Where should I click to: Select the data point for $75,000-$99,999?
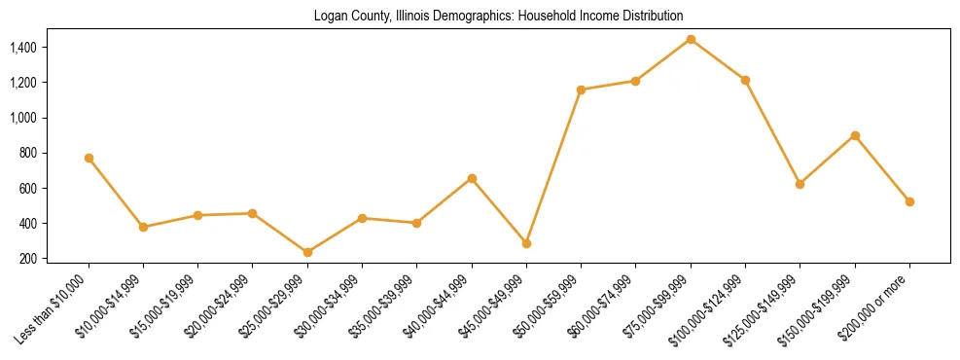pyautogui.click(x=691, y=39)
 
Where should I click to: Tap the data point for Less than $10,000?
pyautogui.click(x=89, y=158)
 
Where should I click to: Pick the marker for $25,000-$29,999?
pyautogui.click(x=307, y=252)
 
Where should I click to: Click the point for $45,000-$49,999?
pyautogui.click(x=526, y=243)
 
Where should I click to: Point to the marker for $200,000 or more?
pyautogui.click(x=909, y=201)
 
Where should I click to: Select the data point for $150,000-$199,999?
pyautogui.click(x=855, y=135)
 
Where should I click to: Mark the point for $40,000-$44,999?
pyautogui.click(x=472, y=178)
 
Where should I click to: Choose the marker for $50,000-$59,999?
pyautogui.click(x=581, y=90)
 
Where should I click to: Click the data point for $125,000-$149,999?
pyautogui.click(x=800, y=184)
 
